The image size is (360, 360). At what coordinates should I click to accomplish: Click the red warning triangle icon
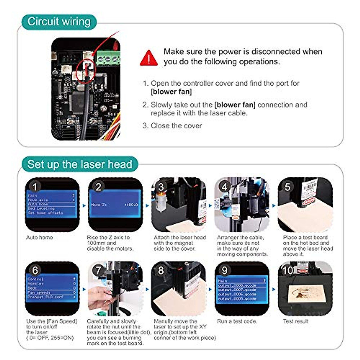(148, 58)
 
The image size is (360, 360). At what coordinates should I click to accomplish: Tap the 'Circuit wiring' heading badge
(59, 22)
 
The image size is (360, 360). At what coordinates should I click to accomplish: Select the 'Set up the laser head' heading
(79, 164)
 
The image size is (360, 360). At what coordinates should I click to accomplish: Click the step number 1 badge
(34, 187)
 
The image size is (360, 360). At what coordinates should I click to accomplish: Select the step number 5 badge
(287, 187)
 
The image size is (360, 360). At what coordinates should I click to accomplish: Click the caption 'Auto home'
(39, 237)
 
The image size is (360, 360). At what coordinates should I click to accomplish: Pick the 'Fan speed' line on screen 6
(39, 292)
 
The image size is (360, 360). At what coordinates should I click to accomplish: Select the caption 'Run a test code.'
(237, 321)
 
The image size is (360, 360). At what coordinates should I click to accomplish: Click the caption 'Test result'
(295, 321)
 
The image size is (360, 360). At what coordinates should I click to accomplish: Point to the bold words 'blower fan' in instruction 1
(171, 91)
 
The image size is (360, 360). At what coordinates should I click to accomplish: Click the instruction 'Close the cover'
(176, 126)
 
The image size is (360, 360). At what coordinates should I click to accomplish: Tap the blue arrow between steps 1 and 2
(84, 205)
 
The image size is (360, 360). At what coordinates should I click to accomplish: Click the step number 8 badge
(161, 270)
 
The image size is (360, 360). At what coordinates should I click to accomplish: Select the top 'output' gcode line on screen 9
(237, 285)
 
